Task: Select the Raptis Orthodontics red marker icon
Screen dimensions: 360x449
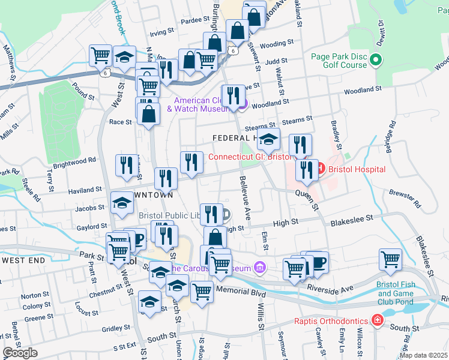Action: click(377, 320)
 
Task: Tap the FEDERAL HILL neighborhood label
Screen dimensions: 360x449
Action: click(234, 138)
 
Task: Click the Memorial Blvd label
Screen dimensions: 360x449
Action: click(240, 293)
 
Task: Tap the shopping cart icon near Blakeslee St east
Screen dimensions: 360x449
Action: click(390, 259)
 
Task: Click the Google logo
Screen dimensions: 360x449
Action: click(20, 352)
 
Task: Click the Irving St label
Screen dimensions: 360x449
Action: click(161, 33)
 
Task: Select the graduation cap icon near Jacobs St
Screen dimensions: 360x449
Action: click(122, 202)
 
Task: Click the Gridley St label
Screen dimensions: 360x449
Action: click(112, 329)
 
